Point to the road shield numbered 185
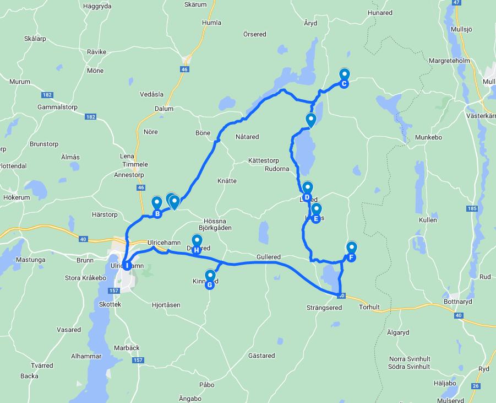pyautogui.click(x=471, y=209)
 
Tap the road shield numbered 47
pyautogui.click(x=456, y=2)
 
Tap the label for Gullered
pyautogui.click(x=269, y=257)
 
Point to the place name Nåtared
pyautogui.click(x=247, y=137)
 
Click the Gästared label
pyautogui.click(x=261, y=356)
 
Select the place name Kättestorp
pyautogui.click(x=264, y=160)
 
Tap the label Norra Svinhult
pyautogui.click(x=410, y=359)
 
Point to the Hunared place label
pyautogui.click(x=380, y=13)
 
